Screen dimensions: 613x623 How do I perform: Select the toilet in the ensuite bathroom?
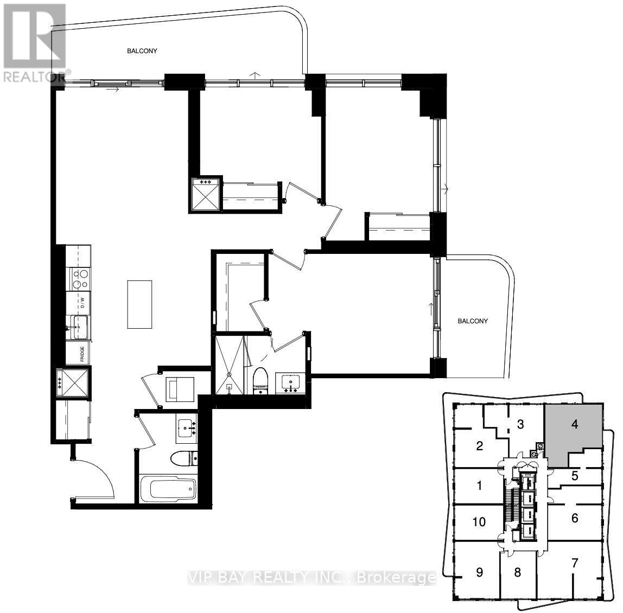[x=262, y=379]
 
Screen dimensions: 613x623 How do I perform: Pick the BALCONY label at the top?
[x=142, y=51]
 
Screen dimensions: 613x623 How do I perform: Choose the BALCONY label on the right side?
[x=473, y=321]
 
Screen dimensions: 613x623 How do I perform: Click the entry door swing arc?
[x=100, y=477]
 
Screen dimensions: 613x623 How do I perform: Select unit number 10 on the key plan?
[x=479, y=522]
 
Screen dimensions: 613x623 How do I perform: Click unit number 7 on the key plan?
[x=575, y=563]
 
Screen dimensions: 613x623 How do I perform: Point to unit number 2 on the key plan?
[x=479, y=446]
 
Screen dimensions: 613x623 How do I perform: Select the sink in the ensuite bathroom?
[x=291, y=382]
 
